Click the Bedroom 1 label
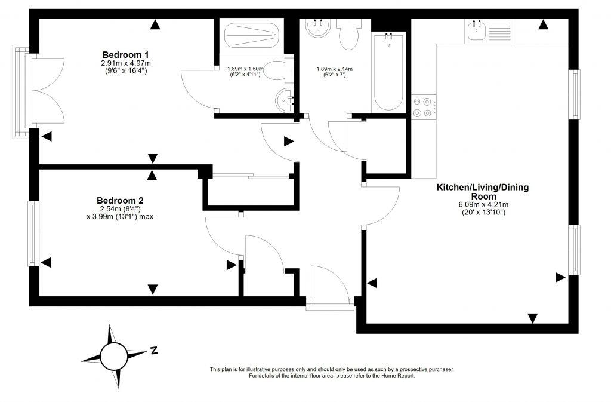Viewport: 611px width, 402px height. click(x=125, y=54)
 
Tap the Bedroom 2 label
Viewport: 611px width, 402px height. click(x=120, y=201)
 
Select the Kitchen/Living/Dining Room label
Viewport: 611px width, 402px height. click(x=483, y=192)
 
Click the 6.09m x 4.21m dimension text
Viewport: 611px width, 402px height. click(x=483, y=205)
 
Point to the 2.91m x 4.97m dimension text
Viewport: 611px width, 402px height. click(x=126, y=63)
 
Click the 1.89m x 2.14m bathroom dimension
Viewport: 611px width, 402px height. click(x=334, y=69)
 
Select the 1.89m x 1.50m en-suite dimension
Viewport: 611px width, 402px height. click(x=245, y=69)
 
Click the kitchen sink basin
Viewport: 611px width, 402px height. click(x=476, y=30)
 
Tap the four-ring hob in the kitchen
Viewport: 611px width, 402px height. click(x=423, y=108)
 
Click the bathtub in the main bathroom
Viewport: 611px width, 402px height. click(x=388, y=72)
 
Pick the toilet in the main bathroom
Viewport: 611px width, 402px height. click(x=348, y=33)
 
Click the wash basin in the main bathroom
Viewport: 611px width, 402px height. click(x=319, y=28)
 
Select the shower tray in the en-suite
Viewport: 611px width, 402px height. click(x=252, y=35)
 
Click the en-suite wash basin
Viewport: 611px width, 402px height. click(x=285, y=100)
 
